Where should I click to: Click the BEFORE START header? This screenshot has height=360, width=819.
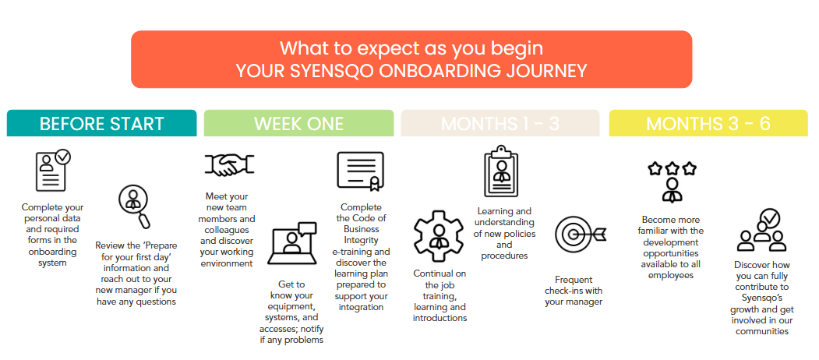(x=101, y=123)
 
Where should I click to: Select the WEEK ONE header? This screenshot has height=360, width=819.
(x=298, y=123)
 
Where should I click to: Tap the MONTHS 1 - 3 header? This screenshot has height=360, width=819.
(x=500, y=123)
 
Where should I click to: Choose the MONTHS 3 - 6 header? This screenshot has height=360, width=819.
(x=708, y=123)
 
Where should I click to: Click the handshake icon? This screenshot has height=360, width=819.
(x=229, y=165)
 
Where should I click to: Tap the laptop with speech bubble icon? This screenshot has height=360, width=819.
(x=292, y=243)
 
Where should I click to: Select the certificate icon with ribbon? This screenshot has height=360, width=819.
(x=360, y=171)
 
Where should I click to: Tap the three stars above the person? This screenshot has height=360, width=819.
(x=672, y=169)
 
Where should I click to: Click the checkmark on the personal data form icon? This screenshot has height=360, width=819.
(x=63, y=156)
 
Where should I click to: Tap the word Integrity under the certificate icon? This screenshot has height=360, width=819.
(x=360, y=240)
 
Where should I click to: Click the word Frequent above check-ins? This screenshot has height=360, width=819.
(x=574, y=280)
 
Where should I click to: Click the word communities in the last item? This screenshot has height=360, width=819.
(x=761, y=330)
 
